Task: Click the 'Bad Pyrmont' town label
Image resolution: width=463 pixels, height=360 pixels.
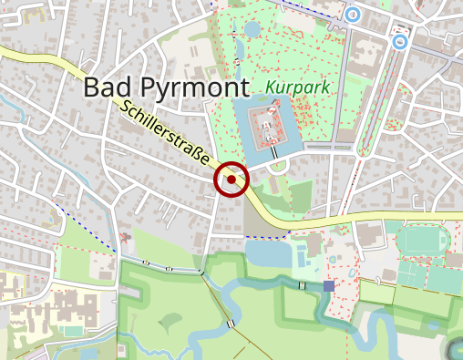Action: tap(166, 87)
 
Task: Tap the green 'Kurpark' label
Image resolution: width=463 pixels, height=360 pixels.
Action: tap(299, 88)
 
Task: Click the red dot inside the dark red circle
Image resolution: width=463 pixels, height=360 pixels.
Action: tap(232, 180)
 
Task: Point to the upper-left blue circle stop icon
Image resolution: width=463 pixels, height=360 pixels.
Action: tap(352, 14)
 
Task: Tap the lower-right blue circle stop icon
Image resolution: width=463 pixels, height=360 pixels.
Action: tap(399, 41)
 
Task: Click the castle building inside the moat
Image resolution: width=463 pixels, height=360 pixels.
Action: tap(267, 126)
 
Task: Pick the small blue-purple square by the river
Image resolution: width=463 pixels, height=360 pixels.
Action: tap(328, 286)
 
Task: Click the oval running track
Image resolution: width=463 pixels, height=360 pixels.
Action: tap(423, 241)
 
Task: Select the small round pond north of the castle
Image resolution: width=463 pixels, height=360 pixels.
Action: tap(252, 29)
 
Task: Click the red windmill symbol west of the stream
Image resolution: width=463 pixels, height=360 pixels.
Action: tap(126, 237)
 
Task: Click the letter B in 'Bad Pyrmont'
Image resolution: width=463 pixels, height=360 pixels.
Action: tap(92, 87)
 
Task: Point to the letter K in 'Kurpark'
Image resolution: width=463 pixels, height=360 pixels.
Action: tap(273, 88)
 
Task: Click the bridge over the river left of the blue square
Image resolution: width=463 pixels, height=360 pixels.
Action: tap(302, 285)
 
